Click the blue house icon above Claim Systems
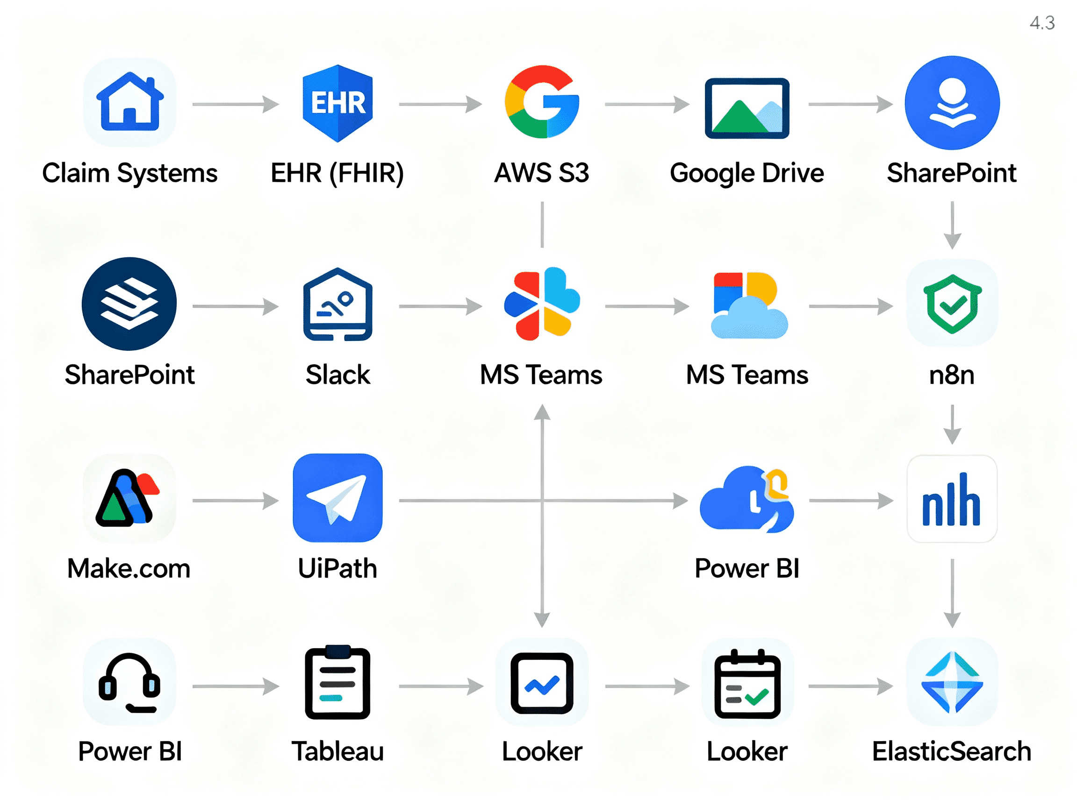pyautogui.click(x=129, y=102)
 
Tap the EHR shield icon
pyautogui.click(x=337, y=103)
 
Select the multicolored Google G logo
pyautogui.click(x=542, y=102)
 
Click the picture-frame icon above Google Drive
pyautogui.click(x=747, y=108)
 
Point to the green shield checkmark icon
pyautogui.click(x=952, y=304)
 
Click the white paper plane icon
pyautogui.click(x=337, y=498)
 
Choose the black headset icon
pyautogui.click(x=129, y=682)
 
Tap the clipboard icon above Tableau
pyautogui.click(x=337, y=682)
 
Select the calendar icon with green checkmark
pyautogui.click(x=747, y=683)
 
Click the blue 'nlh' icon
pyautogui.click(x=951, y=499)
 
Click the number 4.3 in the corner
pyautogui.click(x=1042, y=23)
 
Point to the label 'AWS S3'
pyautogui.click(x=541, y=173)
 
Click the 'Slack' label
pyautogui.click(x=337, y=375)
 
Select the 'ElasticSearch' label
pyautogui.click(x=951, y=751)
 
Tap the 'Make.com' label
pyautogui.click(x=129, y=569)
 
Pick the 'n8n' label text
pyautogui.click(x=951, y=375)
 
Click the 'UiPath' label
pyautogui.click(x=337, y=569)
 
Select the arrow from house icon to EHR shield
pyautogui.click(x=235, y=104)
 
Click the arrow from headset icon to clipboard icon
pyautogui.click(x=235, y=687)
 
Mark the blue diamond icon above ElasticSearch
pyautogui.click(x=952, y=682)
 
